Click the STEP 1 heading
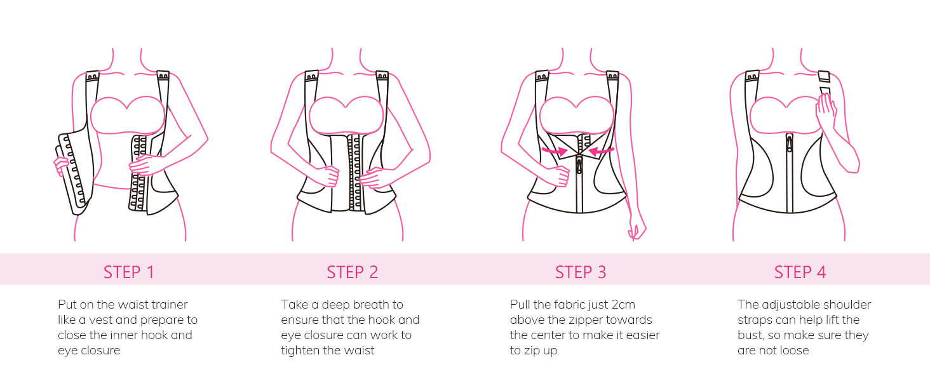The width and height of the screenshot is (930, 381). point(129,272)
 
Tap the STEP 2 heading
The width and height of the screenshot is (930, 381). point(352,272)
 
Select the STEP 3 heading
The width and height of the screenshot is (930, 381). point(581,272)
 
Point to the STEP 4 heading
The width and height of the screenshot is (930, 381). point(800,272)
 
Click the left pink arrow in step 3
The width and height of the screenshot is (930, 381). point(555,151)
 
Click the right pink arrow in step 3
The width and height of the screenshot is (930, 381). point(601,151)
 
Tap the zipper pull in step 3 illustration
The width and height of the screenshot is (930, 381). point(579,164)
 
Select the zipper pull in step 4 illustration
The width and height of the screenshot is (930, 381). point(789,143)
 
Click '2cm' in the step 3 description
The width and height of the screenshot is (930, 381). point(623,305)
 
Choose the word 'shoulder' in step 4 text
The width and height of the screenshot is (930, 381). point(847,305)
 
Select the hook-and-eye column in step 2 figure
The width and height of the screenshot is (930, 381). point(354,172)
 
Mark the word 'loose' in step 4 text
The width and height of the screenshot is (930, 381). point(794,351)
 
